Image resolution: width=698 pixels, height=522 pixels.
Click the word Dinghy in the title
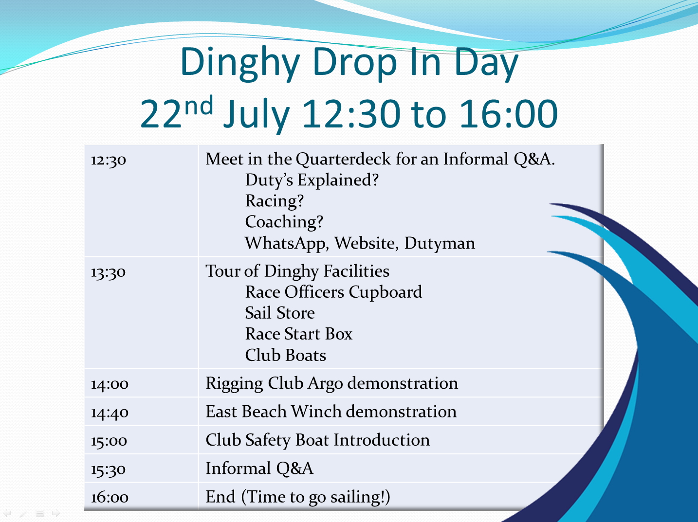(240, 64)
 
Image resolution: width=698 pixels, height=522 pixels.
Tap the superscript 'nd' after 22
(199, 105)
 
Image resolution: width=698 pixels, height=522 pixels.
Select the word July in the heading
(257, 115)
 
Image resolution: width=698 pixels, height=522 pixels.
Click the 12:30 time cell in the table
(109, 160)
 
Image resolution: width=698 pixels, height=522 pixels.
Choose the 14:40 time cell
(110, 413)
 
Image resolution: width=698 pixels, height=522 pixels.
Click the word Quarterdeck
(344, 159)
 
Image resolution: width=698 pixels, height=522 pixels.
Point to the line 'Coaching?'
(284, 221)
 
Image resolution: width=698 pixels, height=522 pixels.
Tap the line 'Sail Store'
(280, 313)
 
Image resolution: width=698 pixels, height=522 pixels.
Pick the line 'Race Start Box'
(298, 334)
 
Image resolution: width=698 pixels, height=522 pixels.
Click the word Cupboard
(386, 292)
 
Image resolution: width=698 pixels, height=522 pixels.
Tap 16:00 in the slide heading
(509, 114)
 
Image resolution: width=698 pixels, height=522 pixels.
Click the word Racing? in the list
(275, 201)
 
